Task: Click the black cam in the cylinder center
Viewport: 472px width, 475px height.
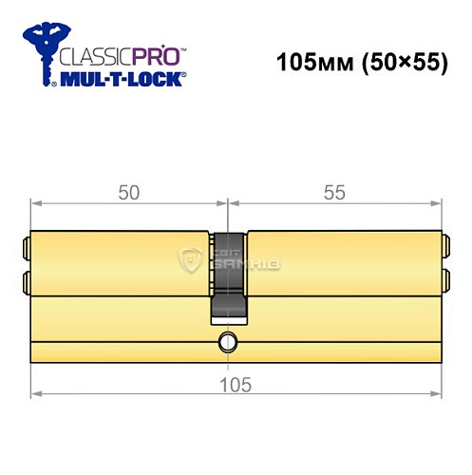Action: coord(228,275)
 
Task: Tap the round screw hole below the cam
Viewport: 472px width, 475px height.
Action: coord(228,343)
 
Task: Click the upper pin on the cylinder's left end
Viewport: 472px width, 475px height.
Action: coord(25,251)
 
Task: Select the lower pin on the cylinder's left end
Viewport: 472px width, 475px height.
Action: coord(25,280)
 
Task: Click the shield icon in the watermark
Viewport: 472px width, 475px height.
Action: coord(189,259)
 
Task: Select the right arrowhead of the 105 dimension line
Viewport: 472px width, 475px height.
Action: coord(438,393)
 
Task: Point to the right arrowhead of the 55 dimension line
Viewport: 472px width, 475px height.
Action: coord(438,202)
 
